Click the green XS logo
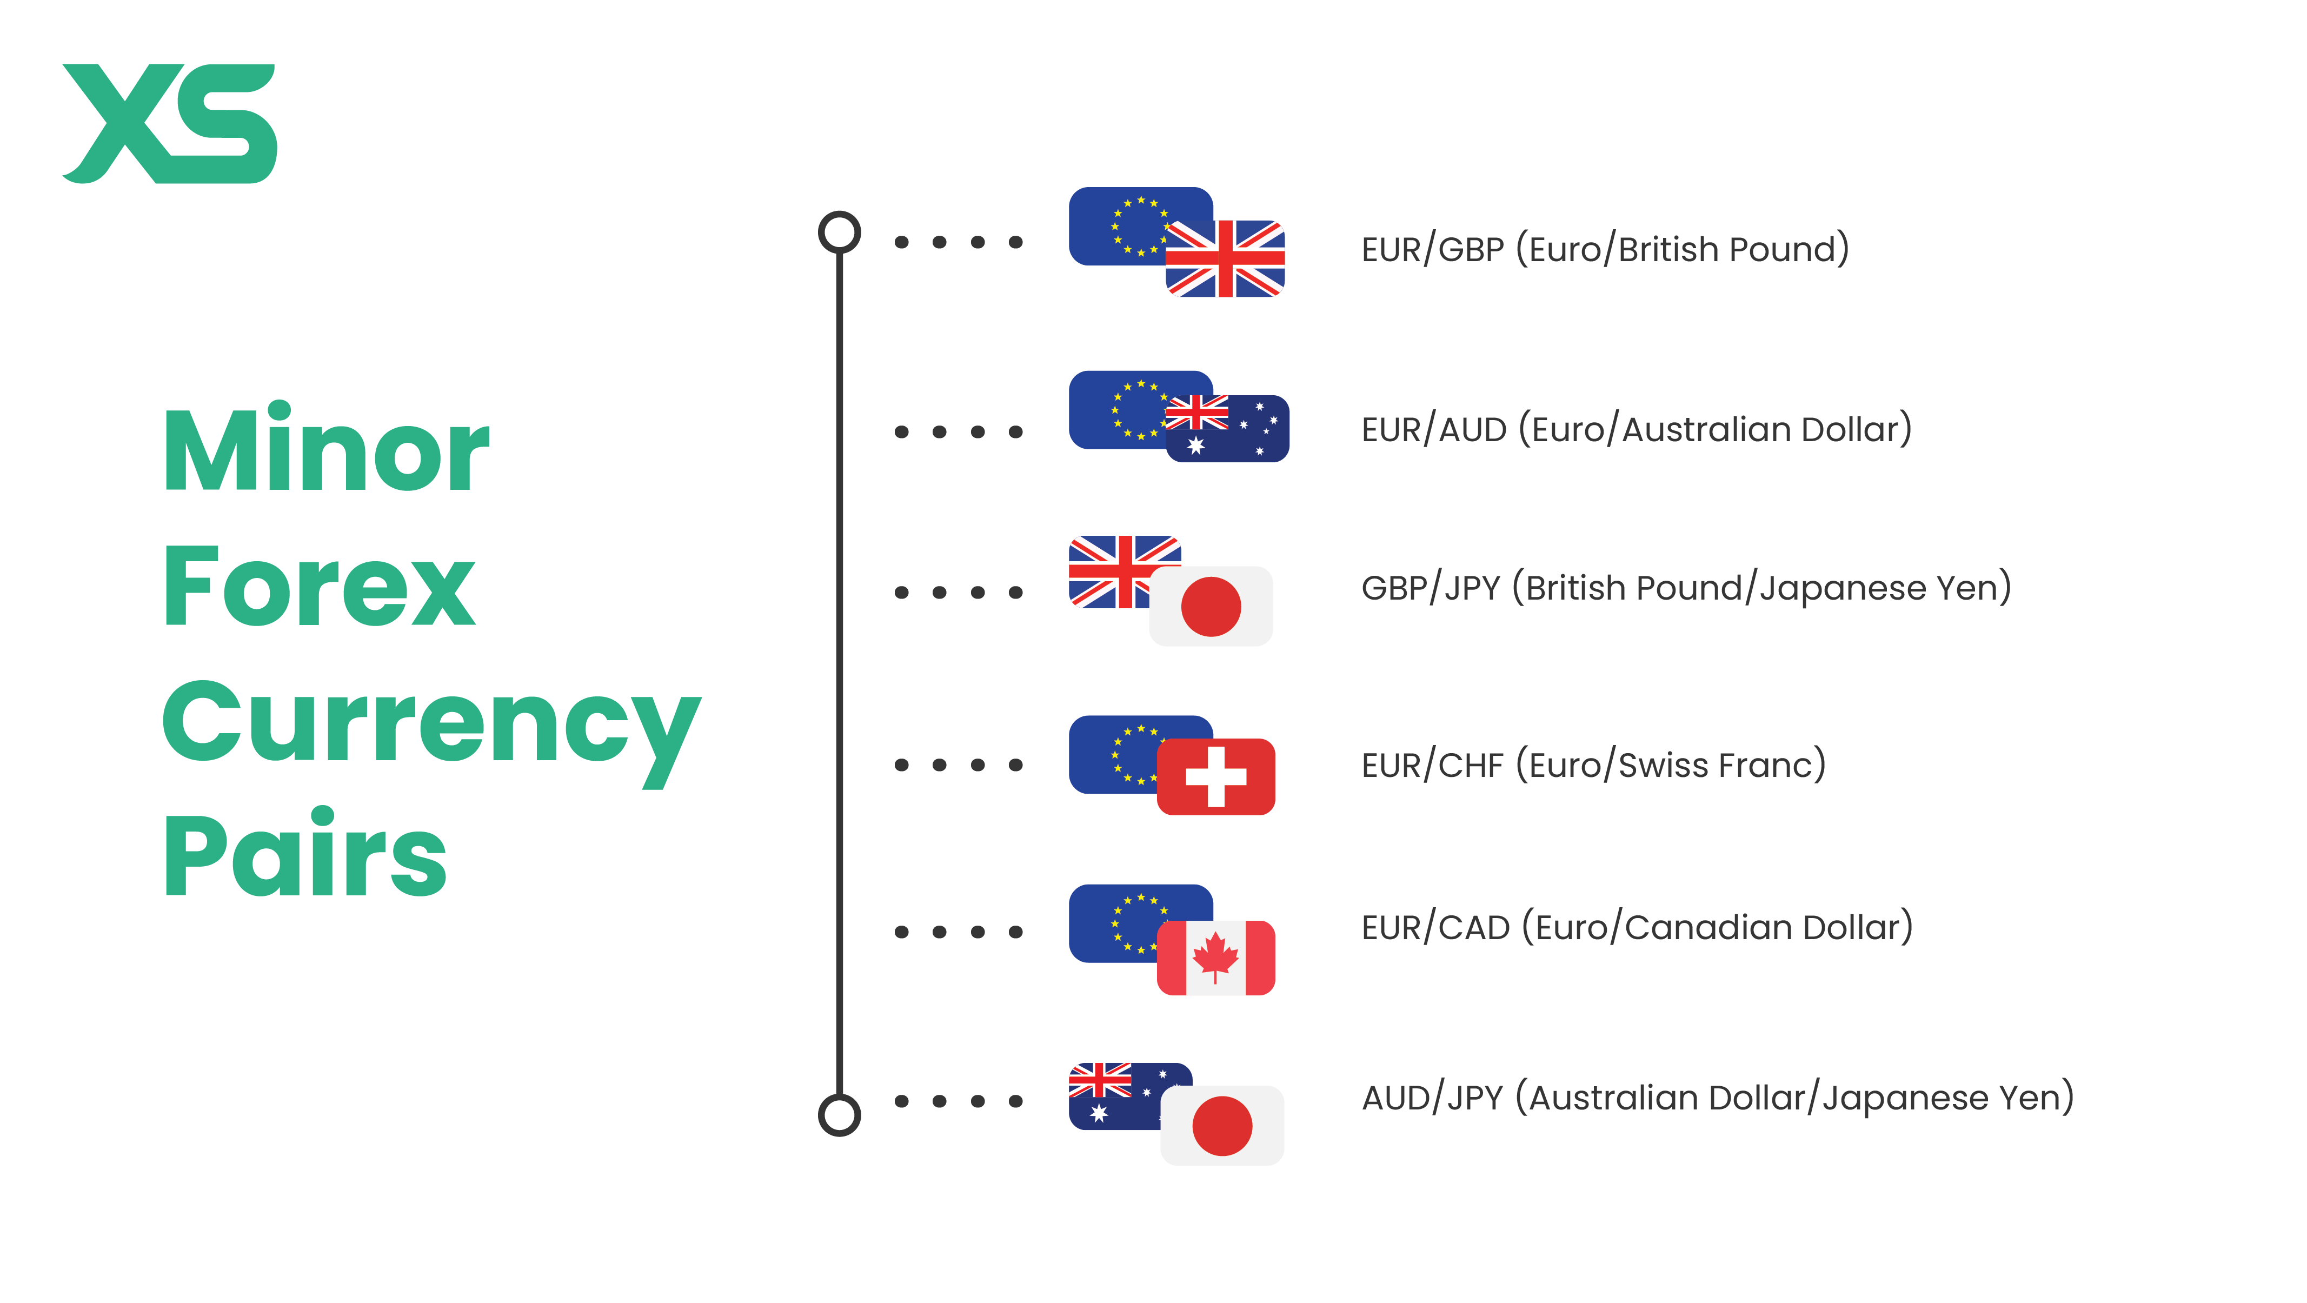pos(169,124)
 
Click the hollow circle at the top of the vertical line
pos(839,232)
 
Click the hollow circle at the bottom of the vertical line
pos(839,1115)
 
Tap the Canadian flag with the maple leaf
pos(1215,958)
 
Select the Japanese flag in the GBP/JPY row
pos(1211,606)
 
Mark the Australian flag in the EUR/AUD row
pos(1227,428)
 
